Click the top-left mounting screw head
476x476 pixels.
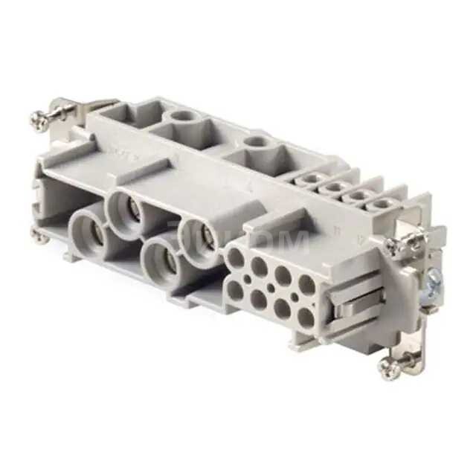37,117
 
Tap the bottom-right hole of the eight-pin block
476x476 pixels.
305,318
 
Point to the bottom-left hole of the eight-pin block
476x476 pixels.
236,289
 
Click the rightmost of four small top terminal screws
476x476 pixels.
382,204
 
